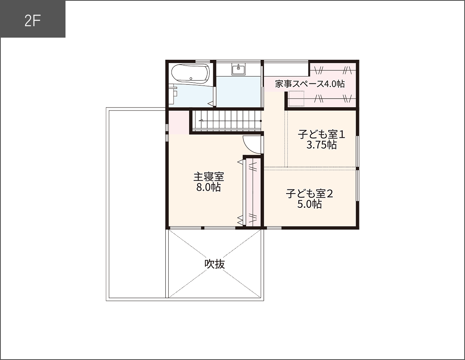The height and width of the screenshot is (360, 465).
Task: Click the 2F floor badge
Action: [33, 20]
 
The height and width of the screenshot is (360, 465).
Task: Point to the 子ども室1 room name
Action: [321, 135]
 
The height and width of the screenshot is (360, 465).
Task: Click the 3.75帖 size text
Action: [321, 145]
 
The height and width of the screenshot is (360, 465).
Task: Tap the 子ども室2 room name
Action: [309, 193]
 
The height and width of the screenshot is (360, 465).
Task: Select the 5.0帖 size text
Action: [309, 204]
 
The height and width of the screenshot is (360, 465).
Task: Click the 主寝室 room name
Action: [209, 177]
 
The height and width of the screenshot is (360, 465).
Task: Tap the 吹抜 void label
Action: [215, 264]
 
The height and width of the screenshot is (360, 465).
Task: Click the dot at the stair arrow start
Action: [261, 121]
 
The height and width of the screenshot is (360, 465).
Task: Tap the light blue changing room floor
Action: [238, 92]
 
